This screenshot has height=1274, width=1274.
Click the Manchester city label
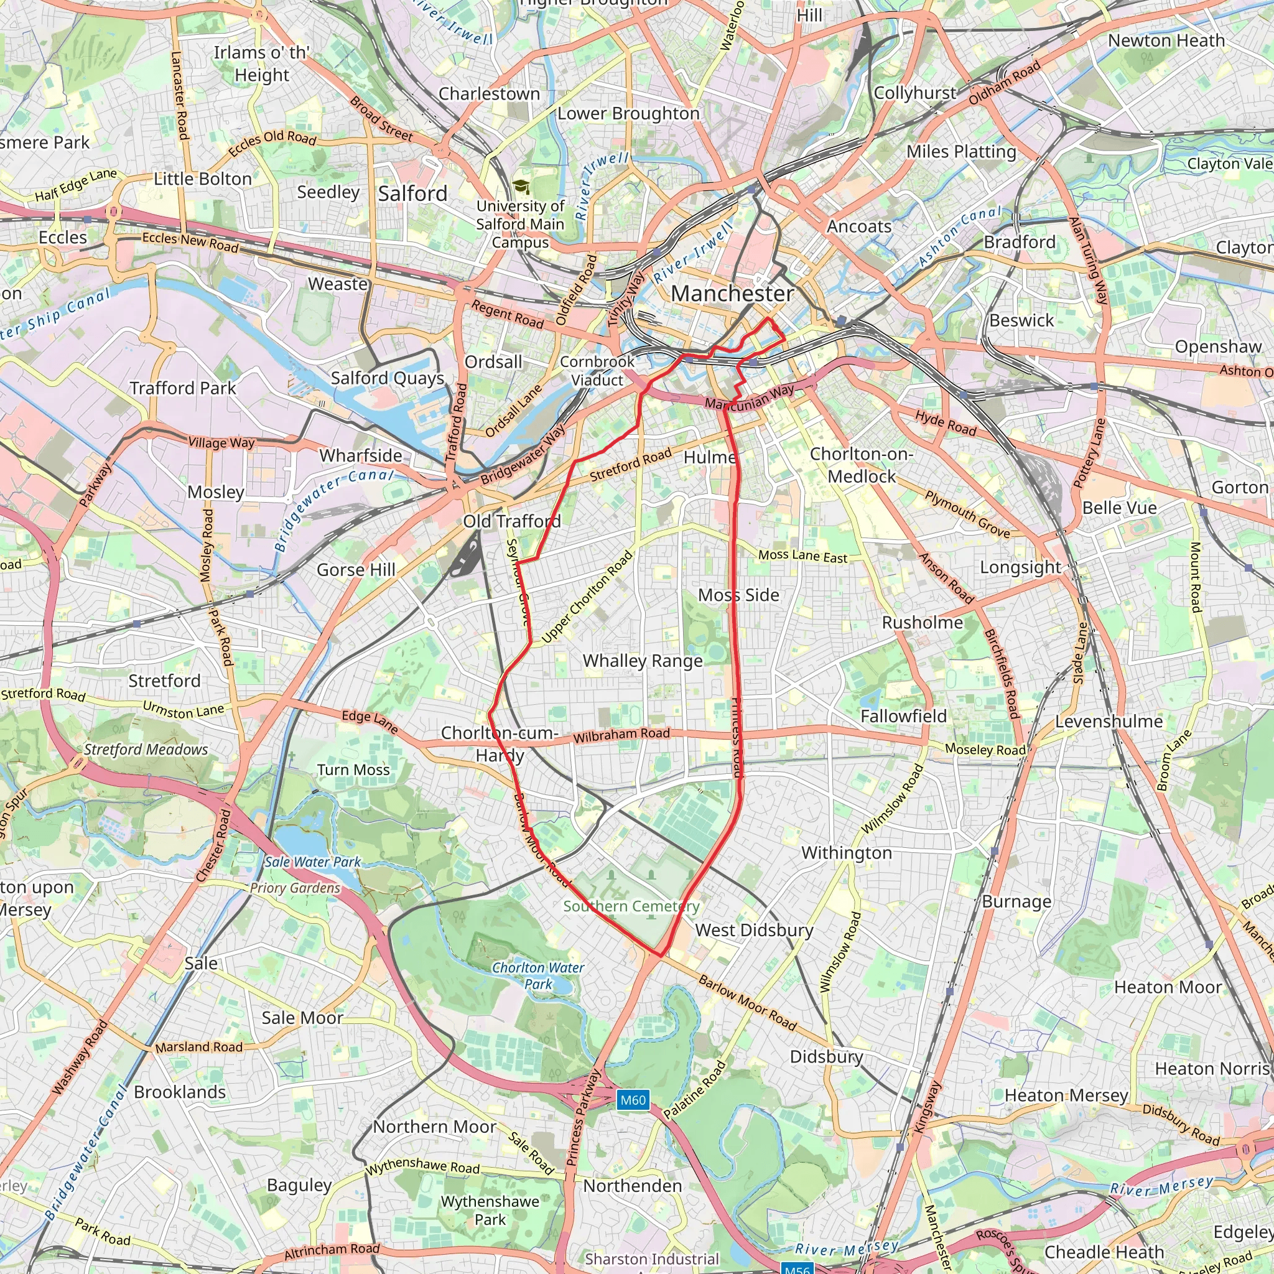732,294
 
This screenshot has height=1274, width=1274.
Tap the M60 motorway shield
633,1100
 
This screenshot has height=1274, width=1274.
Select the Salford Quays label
387,378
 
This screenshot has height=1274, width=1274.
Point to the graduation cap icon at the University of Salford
521,187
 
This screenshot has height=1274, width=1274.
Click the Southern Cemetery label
631,906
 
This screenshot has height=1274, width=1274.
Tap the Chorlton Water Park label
538,975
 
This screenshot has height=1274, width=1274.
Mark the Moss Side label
738,595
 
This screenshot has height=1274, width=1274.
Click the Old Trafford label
512,521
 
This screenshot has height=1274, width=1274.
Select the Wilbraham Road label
621,735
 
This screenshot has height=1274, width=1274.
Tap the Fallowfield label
903,716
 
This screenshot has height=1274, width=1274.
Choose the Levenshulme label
1109,722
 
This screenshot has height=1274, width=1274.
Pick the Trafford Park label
183,388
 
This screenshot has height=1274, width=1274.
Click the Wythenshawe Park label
490,1210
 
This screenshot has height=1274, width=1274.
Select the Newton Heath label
1166,40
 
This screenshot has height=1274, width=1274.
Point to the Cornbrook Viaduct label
597,371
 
